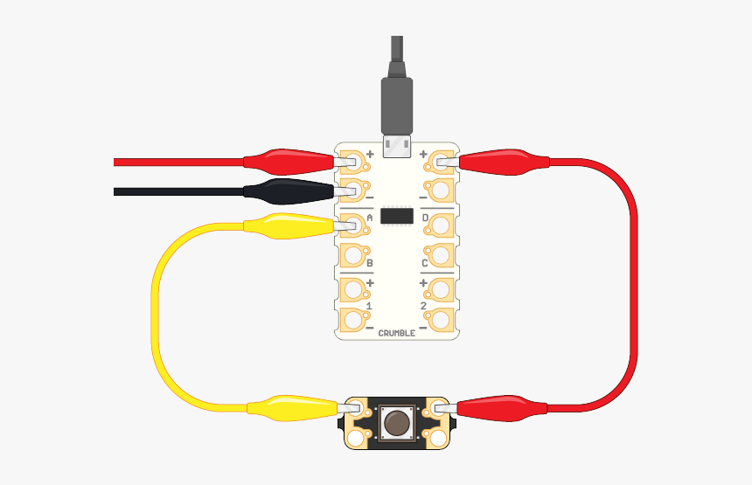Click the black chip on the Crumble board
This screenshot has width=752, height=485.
[397, 216]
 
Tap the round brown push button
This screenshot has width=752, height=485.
[397, 423]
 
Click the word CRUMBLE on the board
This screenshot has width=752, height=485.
[397, 333]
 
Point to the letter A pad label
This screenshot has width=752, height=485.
[369, 218]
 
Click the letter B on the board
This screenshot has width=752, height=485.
[369, 263]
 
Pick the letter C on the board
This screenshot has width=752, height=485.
[424, 263]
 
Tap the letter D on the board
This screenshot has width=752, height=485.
[424, 218]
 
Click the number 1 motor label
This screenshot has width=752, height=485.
[369, 306]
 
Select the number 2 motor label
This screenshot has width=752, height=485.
[423, 306]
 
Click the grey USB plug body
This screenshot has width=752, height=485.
[397, 107]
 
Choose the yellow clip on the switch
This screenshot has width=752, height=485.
[293, 408]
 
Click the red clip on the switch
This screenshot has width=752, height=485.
[502, 408]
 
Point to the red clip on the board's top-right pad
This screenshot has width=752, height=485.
[504, 162]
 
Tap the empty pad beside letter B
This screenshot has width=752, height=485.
[353, 255]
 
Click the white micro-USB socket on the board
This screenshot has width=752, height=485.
[397, 146]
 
